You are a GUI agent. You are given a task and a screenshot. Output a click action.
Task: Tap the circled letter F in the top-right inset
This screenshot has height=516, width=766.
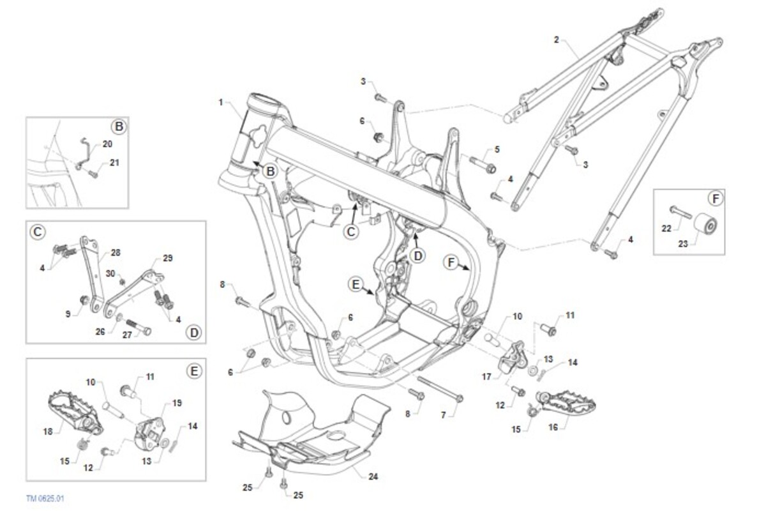coord(716,199)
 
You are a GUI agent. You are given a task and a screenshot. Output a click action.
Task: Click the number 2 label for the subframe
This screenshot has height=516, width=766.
coord(556,40)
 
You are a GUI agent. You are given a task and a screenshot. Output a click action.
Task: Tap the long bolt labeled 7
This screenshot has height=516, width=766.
coord(440,390)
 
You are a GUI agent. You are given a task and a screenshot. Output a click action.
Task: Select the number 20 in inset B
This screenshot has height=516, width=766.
coord(107,144)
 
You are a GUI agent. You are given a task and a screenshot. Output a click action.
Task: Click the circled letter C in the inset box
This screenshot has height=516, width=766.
coord(38,232)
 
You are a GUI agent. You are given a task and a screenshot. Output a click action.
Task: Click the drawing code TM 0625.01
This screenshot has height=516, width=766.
coord(46,497)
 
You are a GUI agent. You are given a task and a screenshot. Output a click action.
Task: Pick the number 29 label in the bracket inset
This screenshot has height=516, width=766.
coord(167,258)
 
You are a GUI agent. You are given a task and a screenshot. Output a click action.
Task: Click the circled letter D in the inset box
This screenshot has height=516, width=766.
coord(194,332)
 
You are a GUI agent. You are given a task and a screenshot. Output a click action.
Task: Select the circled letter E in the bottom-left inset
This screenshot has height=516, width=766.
coord(194,370)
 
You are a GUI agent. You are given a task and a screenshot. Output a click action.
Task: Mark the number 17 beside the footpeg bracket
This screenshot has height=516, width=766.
coord(487,377)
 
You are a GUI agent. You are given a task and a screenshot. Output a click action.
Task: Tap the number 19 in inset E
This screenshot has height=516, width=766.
coord(177,403)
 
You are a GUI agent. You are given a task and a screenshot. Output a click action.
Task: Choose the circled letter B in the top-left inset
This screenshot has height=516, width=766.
coord(117,126)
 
